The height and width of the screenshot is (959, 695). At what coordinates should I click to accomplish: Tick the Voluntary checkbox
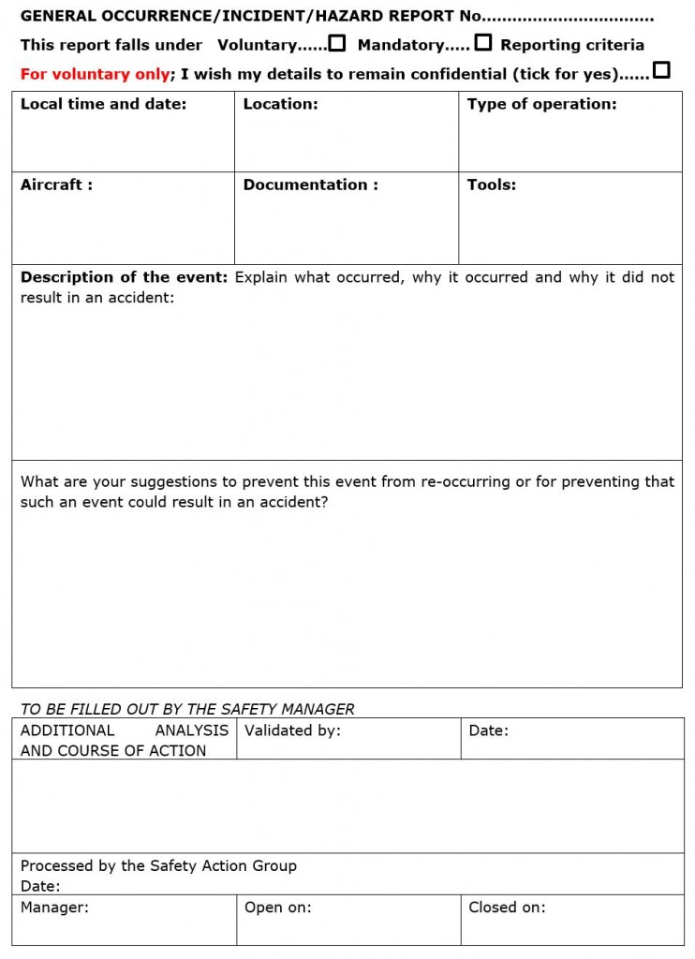337,43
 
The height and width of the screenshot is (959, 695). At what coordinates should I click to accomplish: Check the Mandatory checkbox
483,43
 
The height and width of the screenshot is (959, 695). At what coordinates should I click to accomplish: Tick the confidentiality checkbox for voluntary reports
661,70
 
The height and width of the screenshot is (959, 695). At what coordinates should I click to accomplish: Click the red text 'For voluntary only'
95,74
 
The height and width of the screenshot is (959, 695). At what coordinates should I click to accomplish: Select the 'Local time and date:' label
103,104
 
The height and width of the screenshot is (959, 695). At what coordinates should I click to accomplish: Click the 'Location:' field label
280,104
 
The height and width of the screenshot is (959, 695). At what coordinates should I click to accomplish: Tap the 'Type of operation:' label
541,104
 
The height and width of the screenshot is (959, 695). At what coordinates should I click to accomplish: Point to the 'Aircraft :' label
56,184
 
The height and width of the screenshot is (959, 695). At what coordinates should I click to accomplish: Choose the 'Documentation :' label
310,184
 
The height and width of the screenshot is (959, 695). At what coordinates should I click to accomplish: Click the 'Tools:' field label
492,184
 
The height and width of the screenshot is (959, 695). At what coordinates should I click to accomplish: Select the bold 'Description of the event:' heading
124,277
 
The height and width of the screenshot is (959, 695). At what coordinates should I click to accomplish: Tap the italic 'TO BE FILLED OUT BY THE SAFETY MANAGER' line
187,709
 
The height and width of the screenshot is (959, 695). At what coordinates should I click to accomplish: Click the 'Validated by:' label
292,730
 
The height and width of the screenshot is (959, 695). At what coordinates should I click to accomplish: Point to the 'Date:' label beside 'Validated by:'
488,730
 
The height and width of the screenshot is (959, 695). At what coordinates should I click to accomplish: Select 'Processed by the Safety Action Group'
158,865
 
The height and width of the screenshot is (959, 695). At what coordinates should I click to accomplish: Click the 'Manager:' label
54,907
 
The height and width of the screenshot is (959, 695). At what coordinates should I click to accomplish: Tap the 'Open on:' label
277,907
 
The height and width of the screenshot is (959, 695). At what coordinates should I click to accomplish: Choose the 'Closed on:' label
507,907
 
